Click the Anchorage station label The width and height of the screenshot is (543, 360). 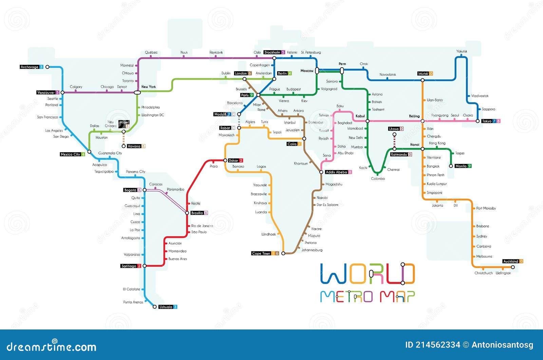point(30,67)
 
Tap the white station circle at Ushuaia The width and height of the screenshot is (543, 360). point(155,307)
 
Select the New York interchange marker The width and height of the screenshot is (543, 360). point(137,92)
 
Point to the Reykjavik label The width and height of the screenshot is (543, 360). point(216,53)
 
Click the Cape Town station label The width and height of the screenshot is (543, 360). point(261,253)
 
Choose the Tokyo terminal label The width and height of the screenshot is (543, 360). point(487,121)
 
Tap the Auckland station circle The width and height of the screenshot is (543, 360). point(513,267)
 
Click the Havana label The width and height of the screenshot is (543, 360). point(134,146)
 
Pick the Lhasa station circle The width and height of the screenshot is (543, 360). point(394,135)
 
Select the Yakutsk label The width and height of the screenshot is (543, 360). point(462,52)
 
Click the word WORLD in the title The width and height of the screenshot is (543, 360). point(368,274)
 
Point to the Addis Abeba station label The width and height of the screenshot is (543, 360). point(336,172)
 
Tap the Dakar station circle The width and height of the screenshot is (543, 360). point(225,160)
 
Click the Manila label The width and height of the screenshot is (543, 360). point(461,166)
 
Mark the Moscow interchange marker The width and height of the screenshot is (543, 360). point(317,71)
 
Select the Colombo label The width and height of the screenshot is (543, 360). point(378,179)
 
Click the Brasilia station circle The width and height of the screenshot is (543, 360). point(187,213)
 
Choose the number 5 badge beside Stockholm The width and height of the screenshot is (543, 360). point(283,53)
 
